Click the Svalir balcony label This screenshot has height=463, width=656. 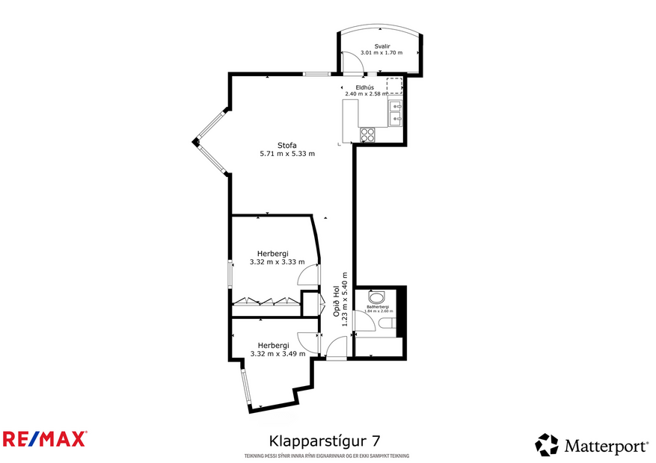[381, 46]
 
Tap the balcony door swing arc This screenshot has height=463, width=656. [352, 64]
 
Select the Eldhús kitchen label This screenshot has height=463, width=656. [364, 87]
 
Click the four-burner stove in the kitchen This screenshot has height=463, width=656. [368, 134]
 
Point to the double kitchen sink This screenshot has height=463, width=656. [396, 113]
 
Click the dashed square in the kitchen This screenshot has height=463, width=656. [393, 84]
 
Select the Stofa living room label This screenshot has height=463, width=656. [287, 145]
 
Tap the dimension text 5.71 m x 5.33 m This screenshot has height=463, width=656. [287, 154]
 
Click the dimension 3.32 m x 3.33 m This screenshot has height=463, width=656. [277, 261]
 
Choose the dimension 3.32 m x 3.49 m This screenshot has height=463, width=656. [278, 353]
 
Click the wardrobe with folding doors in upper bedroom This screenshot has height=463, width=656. [266, 301]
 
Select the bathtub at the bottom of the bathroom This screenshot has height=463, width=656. [378, 347]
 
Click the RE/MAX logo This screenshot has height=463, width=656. [45, 438]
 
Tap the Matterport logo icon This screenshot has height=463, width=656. [547, 445]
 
